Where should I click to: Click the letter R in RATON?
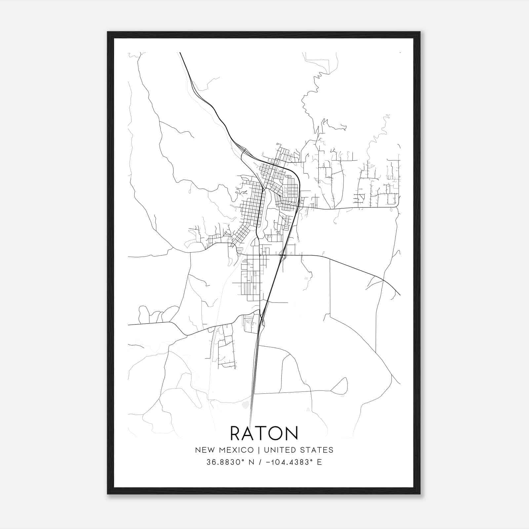click(237, 433)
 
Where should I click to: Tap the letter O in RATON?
click(276, 433)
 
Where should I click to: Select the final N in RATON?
click(292, 433)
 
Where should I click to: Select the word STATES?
click(316, 450)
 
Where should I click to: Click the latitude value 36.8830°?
click(225, 462)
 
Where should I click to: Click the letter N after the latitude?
click(251, 462)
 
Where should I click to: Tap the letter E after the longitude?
click(319, 462)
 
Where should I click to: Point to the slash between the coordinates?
click(260, 462)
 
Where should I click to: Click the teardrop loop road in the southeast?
click(341, 387)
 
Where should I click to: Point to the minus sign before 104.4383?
click(267, 462)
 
